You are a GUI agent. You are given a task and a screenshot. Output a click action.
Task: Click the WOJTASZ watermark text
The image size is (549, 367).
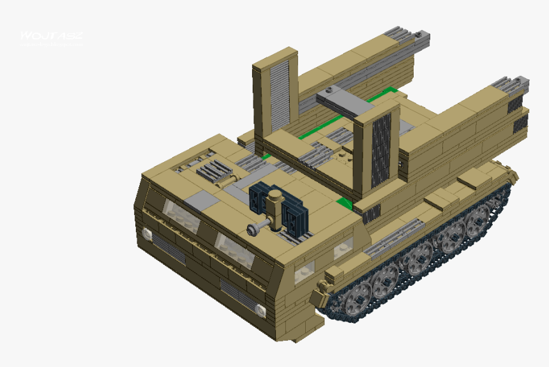pos(51,36)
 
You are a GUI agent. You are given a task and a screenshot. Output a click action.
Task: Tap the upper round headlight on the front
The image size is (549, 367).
pos(147,234)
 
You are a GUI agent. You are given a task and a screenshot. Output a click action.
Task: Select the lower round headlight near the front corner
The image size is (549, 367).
pos(261,310)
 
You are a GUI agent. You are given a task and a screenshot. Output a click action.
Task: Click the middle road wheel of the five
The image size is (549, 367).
pos(419,258)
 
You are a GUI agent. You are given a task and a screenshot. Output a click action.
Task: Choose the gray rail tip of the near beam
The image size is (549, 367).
pos(512,85)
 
